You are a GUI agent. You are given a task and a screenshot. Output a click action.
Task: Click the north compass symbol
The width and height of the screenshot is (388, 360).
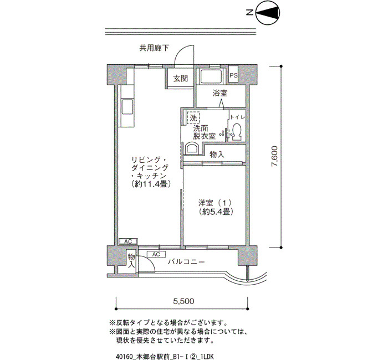click(268, 13)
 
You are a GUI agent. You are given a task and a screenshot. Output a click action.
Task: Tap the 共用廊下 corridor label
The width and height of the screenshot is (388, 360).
click(154, 48)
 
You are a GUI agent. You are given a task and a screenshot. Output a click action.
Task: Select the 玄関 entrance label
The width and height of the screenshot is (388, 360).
click(180, 79)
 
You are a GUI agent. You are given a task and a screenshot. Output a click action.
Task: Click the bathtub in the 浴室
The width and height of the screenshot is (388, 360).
click(211, 76)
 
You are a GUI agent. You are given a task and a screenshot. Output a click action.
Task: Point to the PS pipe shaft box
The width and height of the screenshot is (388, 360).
click(233, 75)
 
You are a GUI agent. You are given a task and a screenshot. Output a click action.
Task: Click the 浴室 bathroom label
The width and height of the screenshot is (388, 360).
click(220, 93)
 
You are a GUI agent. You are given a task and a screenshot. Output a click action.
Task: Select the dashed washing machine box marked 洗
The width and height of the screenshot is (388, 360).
click(193, 117)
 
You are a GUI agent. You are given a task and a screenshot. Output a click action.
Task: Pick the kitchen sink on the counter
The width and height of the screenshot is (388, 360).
click(127, 107)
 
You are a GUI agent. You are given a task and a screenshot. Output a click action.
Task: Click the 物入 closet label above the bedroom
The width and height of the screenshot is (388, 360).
click(217, 155)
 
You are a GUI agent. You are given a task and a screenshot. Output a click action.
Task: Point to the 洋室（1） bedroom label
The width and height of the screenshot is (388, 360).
click(215, 203)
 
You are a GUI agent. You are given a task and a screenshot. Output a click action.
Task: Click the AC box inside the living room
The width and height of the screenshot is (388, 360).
click(128, 241)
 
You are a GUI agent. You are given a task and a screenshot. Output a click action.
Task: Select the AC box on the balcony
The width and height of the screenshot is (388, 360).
click(156, 254)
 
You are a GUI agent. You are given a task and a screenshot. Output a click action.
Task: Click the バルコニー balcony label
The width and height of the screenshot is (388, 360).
click(186, 261)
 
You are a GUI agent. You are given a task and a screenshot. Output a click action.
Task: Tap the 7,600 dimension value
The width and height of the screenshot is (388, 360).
click(275, 156)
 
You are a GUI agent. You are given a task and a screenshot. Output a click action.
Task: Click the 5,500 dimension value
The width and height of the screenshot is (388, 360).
click(183, 301)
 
